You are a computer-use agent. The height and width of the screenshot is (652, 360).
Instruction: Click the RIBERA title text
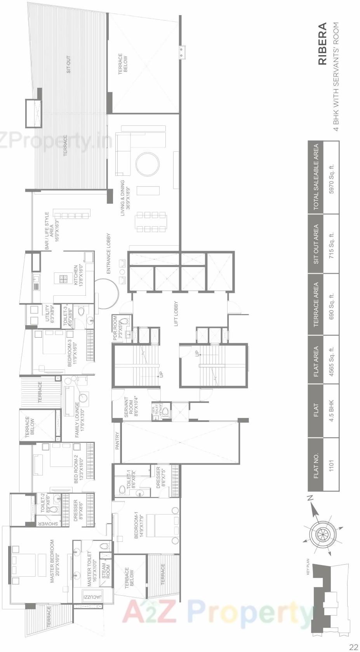(322, 44)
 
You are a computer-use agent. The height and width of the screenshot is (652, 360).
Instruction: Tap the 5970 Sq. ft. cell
(331, 179)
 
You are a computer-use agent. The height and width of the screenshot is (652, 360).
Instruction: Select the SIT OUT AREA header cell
(316, 244)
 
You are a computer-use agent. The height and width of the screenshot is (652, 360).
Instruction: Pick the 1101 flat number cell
(331, 465)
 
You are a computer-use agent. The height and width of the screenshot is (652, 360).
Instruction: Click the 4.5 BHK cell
(331, 411)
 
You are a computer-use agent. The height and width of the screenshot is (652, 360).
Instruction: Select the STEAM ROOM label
(106, 571)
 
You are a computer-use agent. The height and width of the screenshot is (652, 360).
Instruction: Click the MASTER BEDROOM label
(54, 561)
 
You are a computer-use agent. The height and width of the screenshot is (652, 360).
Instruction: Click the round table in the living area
(147, 164)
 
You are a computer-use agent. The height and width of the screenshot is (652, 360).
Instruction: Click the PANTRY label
(117, 441)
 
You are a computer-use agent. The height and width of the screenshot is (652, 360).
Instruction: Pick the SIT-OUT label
(69, 64)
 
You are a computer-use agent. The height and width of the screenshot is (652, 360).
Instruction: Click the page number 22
(353, 647)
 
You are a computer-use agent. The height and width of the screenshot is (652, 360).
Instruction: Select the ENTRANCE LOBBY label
(109, 253)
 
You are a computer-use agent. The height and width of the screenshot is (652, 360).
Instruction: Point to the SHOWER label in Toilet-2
(48, 524)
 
